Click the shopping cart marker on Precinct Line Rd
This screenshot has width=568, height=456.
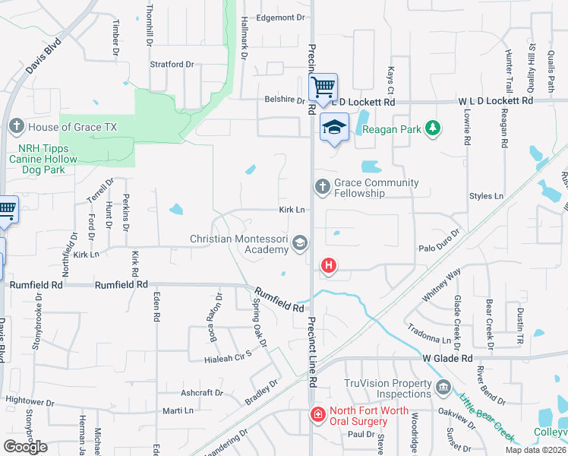(x=323, y=88)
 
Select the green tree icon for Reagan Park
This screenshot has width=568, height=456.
(x=432, y=128)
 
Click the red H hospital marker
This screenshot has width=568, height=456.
(x=329, y=265)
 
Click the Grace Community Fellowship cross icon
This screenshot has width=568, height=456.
(x=322, y=186)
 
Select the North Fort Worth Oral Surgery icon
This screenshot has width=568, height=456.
(x=317, y=414)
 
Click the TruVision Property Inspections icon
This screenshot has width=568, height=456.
(x=443, y=388)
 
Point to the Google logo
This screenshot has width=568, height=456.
(x=25, y=446)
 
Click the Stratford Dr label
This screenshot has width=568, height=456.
(x=172, y=65)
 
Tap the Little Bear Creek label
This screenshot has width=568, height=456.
(x=486, y=416)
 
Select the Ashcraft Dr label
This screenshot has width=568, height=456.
(x=202, y=393)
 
